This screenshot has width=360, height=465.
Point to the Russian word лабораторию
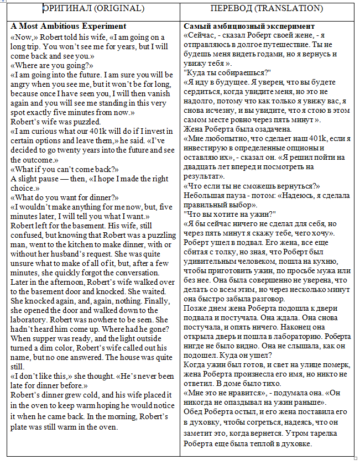click(299, 336)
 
